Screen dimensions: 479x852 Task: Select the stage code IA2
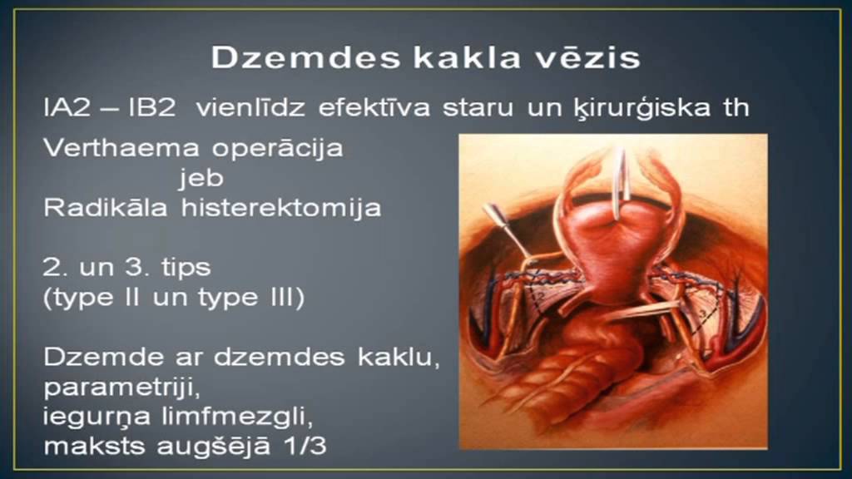click(x=66, y=108)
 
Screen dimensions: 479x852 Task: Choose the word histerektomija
click(x=281, y=208)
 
